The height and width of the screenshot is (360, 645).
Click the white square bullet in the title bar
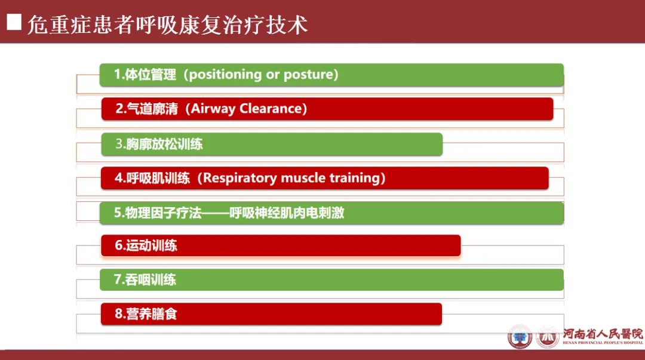[x=14, y=22]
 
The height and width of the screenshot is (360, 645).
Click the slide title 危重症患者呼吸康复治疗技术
[x=167, y=24]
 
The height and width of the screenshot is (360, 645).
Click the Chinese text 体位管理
[x=150, y=75]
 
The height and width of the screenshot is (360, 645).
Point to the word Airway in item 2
[x=213, y=109]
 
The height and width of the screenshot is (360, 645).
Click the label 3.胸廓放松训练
[x=159, y=144]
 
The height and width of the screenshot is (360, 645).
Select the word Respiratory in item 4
[x=240, y=178]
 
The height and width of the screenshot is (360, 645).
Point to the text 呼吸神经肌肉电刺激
[x=287, y=213]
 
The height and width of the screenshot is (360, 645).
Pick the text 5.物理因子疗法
[x=158, y=213]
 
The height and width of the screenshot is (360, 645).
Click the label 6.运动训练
[x=146, y=245]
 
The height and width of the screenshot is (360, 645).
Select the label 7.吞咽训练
[x=145, y=280]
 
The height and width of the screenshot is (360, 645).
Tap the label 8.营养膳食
[x=146, y=313]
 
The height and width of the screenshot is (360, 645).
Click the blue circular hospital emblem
[x=520, y=337]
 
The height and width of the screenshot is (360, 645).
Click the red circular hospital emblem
[x=548, y=337]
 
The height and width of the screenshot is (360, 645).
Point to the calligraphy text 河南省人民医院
[x=603, y=334]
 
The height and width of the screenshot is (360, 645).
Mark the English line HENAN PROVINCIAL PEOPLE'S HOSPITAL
[x=603, y=343]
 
